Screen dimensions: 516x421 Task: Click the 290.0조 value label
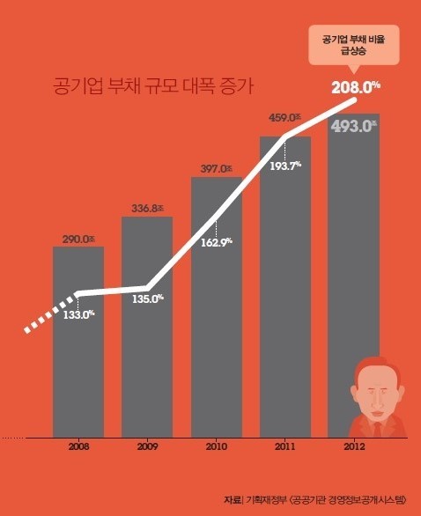tap(78, 239)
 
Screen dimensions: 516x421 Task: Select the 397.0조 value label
tap(217, 169)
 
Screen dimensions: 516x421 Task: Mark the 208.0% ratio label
tap(355, 86)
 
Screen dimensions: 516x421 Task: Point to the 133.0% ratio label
tap(79, 315)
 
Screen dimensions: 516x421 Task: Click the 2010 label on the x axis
tap(217, 447)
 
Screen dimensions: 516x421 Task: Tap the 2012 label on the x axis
tap(353, 447)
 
